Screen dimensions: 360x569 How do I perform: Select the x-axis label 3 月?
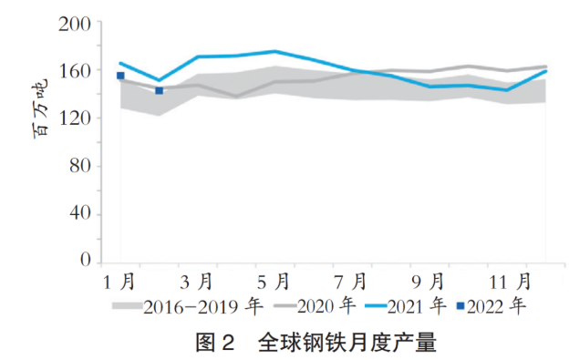click(197, 279)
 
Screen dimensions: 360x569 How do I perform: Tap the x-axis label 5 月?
click(274, 279)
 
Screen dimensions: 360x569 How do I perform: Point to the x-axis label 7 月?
click(351, 279)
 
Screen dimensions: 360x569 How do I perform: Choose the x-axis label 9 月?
click(428, 279)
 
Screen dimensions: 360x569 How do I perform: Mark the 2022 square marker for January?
click(120, 76)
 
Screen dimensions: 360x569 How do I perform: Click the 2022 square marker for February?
click(159, 90)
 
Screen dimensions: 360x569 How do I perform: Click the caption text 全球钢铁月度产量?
click(347, 342)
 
